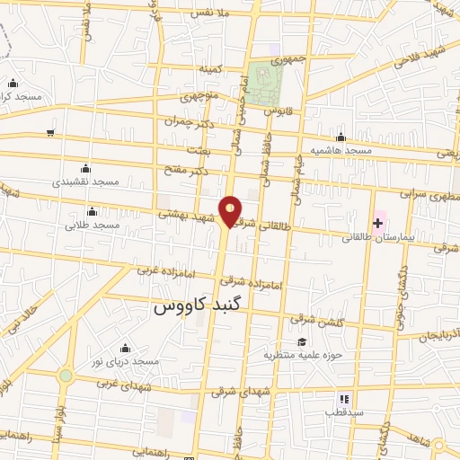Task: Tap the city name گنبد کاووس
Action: point(199,305)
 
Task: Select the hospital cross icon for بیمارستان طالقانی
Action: point(377,221)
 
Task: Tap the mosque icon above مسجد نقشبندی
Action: point(85,167)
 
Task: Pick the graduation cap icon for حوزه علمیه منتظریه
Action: point(302,341)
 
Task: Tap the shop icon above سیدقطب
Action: point(342,398)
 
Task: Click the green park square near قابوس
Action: point(266,84)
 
